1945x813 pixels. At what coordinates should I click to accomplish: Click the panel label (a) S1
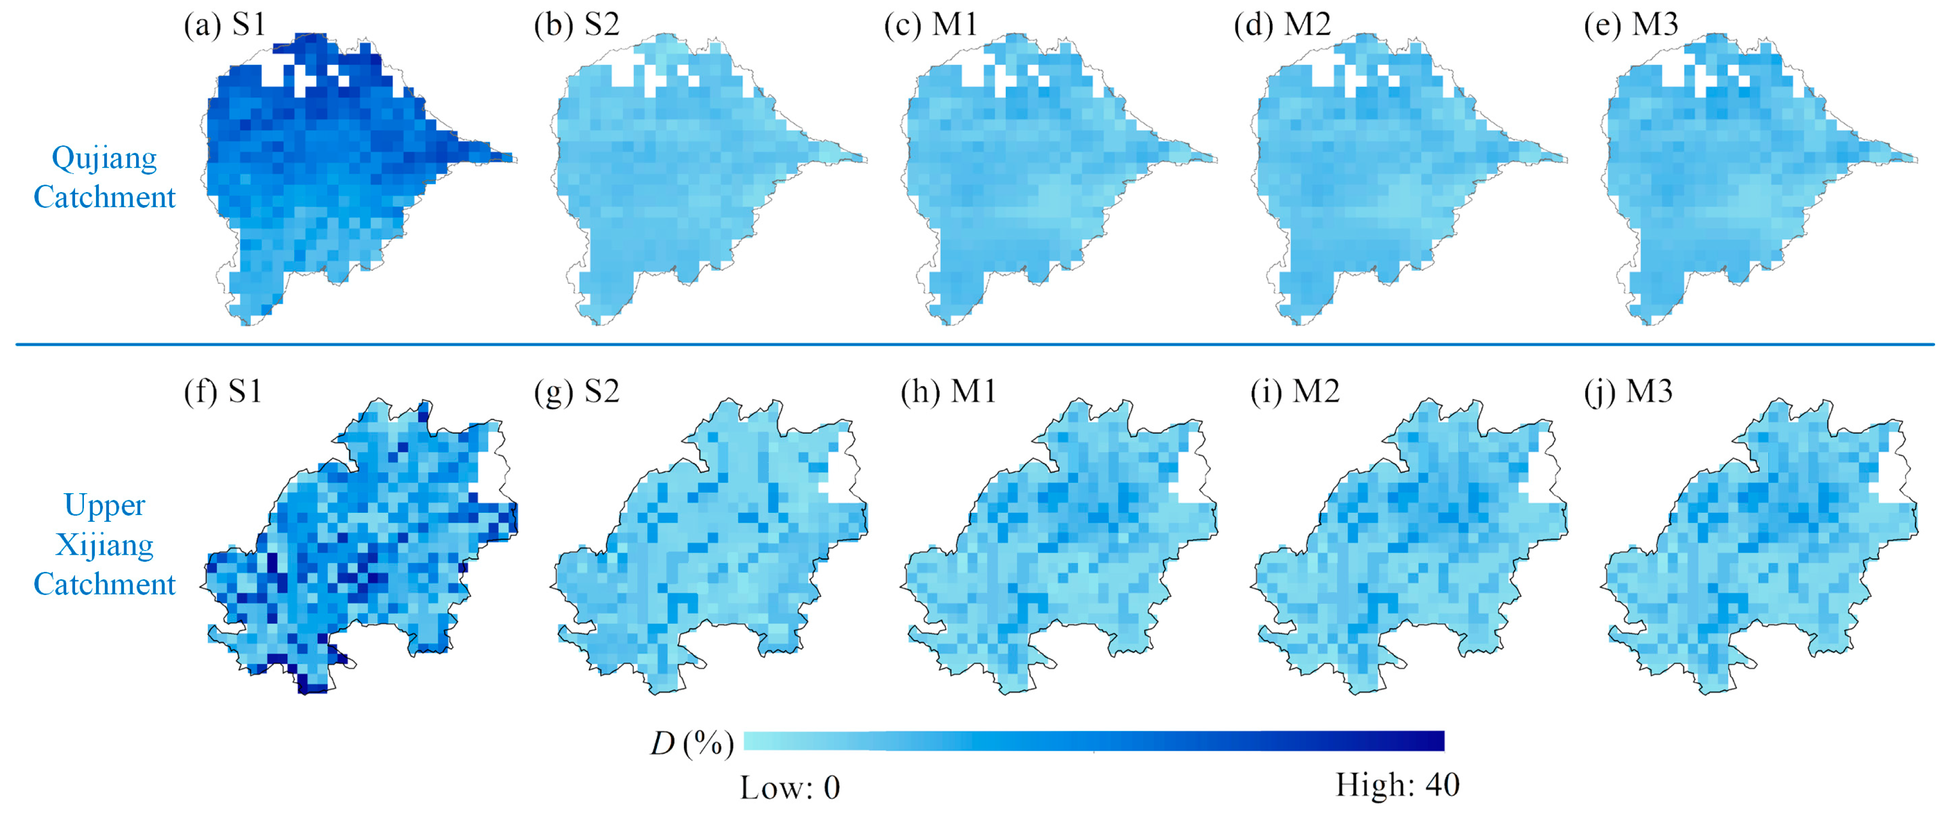pos(225,25)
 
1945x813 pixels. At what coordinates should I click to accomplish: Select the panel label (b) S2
pos(576,25)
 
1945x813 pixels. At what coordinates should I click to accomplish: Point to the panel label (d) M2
pos(1282,25)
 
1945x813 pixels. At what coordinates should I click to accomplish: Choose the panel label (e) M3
pos(1631,25)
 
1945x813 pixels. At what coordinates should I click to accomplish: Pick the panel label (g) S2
pos(576,391)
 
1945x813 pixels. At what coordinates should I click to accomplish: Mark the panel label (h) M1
pos(948,391)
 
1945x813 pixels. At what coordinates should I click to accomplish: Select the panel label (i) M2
pos(1294,391)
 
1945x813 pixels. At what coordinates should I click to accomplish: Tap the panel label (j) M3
pos(1628,391)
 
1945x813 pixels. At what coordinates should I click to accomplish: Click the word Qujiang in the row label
pos(104,159)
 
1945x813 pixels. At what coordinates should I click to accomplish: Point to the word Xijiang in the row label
pos(104,545)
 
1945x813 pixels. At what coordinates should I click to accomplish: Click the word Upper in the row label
pos(104,505)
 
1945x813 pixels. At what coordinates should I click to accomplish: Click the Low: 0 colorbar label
pos(790,787)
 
